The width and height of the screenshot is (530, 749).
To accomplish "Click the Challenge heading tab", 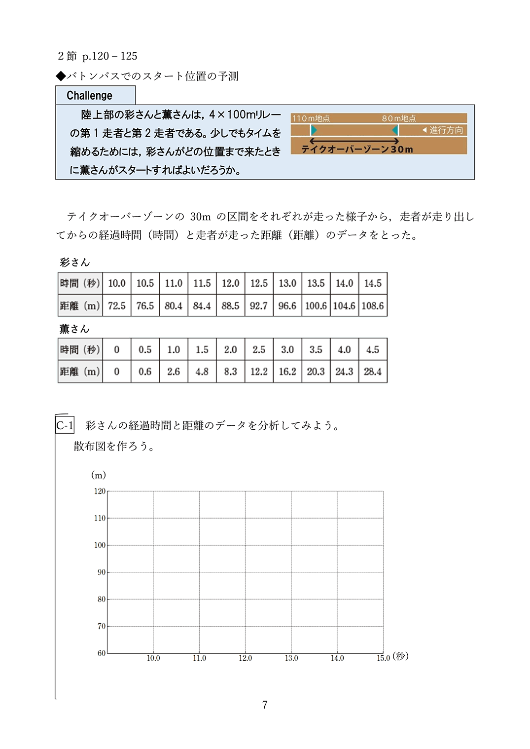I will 90,95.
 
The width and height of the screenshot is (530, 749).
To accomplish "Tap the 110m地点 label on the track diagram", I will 311,118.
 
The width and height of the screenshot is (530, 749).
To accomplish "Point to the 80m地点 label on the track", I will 398,118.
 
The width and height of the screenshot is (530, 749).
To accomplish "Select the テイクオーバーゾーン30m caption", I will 357,149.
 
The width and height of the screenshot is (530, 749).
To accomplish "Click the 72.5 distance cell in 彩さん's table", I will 117,306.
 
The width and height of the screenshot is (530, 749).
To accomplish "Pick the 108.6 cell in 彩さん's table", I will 373,306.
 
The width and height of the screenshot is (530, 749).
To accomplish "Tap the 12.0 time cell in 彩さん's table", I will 230,284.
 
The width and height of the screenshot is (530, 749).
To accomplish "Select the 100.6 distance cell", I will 316,306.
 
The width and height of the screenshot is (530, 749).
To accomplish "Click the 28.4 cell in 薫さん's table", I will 373,372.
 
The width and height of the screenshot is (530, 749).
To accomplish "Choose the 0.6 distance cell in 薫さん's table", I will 145,372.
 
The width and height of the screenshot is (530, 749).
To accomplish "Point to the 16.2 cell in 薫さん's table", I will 287,372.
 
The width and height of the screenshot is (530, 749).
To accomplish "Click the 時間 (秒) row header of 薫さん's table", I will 80,350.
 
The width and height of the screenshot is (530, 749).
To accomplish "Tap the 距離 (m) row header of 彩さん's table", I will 80,306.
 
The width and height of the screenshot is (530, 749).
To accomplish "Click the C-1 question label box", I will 65,425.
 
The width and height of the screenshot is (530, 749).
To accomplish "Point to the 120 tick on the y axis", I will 100,491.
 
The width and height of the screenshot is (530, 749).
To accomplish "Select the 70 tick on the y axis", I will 101,626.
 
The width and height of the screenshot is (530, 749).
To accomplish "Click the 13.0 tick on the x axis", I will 291,658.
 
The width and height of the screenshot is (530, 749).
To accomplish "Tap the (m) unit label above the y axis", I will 99,475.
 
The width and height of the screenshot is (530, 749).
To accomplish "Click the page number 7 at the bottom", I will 265,705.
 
